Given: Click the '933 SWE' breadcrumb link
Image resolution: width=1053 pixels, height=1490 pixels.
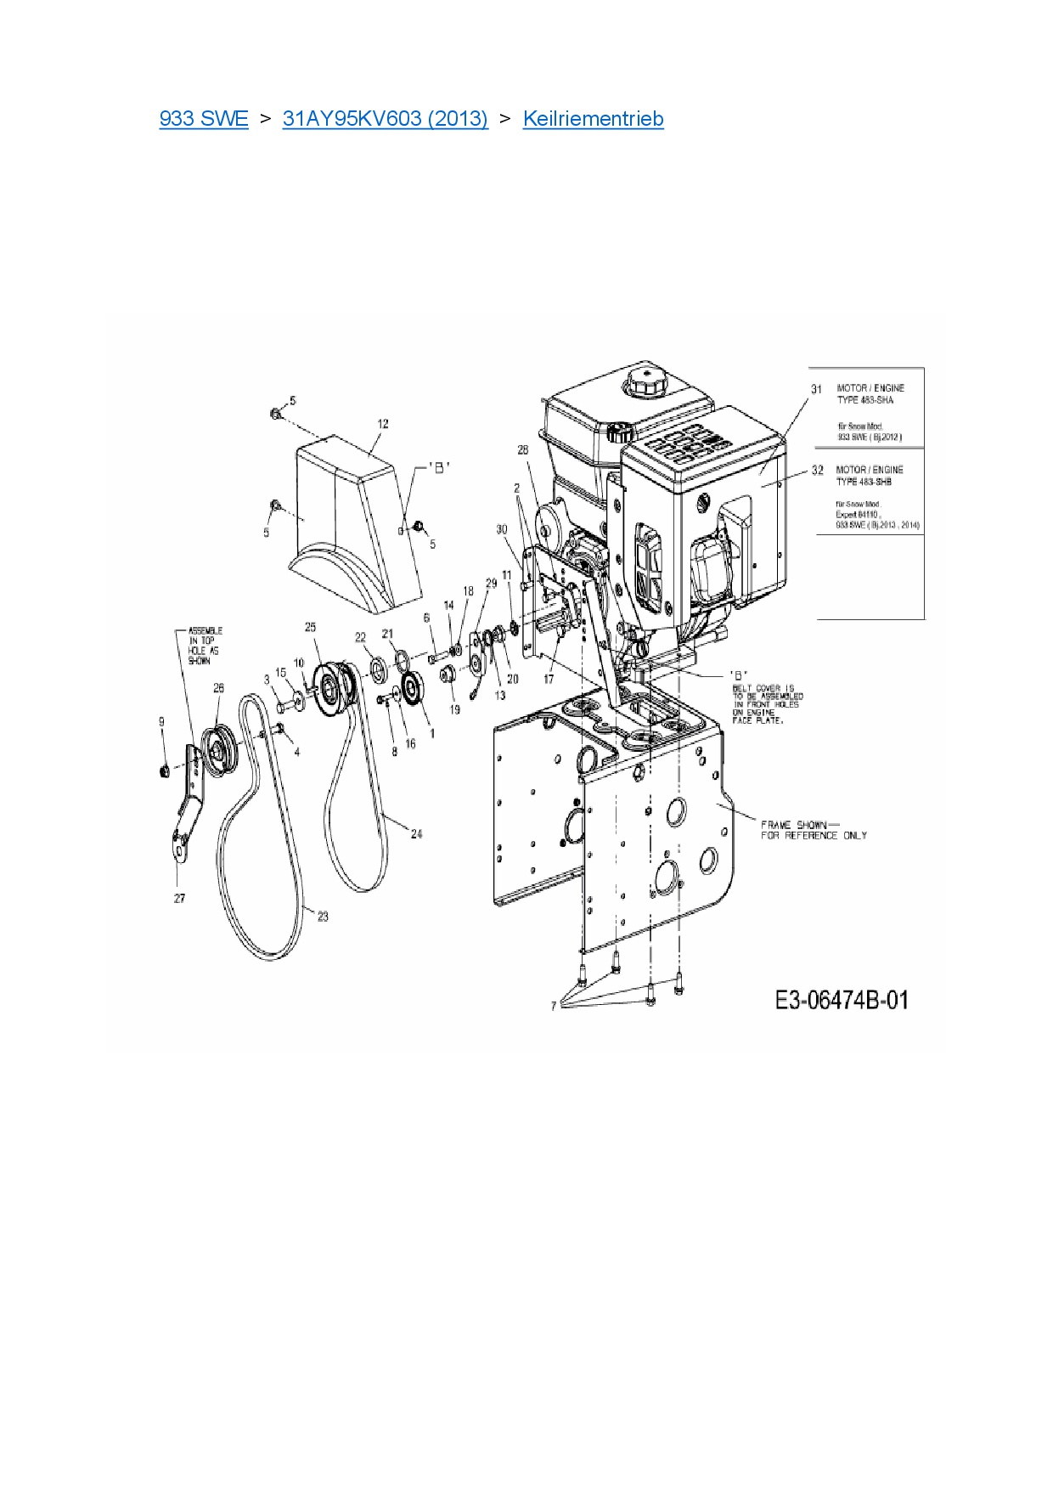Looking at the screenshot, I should point(204,119).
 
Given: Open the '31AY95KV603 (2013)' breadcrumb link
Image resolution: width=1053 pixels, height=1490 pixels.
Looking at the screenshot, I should point(385,119).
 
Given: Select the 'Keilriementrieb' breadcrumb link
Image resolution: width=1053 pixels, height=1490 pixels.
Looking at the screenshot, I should point(593,119).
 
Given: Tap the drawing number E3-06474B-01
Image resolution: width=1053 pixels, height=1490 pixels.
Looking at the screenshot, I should point(841,1000).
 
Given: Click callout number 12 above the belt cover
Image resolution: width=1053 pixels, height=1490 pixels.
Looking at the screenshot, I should point(383,424).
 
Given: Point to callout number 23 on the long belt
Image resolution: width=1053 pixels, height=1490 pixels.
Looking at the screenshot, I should point(323,916).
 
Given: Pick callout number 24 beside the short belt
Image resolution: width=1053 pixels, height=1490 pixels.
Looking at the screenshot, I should point(416,834).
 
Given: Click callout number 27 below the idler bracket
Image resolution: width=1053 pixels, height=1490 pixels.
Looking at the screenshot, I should point(179,898).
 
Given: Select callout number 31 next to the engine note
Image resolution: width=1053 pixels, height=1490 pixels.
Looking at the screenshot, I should point(816,389).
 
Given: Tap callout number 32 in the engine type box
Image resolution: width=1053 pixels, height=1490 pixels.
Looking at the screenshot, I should point(817,470).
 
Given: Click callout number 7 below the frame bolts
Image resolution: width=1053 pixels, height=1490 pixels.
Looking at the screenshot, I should point(554,1006).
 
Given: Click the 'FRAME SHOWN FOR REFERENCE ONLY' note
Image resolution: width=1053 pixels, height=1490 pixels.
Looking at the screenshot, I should point(813,830).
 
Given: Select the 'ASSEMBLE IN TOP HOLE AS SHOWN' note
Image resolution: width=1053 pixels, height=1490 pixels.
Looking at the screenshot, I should point(204,646).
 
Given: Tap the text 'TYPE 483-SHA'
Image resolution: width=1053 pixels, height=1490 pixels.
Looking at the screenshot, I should point(864,400).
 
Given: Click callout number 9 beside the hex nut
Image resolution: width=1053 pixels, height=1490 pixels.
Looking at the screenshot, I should point(161,722).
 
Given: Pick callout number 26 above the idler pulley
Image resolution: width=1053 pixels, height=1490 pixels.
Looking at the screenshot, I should point(218,688).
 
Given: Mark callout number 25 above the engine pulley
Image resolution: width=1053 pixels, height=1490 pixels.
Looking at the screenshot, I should point(310,627).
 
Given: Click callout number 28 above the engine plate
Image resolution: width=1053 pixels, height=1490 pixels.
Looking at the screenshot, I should point(523,449).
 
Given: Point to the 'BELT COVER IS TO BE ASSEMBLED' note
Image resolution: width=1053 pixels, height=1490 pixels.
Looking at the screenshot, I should point(766,704).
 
